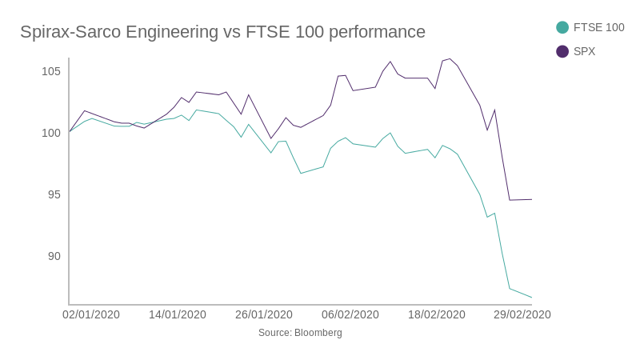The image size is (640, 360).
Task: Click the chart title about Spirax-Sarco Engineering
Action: pos(222,32)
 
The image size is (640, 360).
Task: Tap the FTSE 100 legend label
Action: pos(598,27)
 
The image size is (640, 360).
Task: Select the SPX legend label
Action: pos(584,51)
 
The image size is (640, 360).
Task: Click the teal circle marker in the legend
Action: pos(562,27)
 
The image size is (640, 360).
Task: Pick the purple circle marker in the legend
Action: pos(562,51)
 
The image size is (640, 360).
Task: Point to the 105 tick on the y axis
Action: pos(51,71)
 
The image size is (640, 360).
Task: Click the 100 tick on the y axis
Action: pos(51,133)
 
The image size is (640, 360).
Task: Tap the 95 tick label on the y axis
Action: pos(54,194)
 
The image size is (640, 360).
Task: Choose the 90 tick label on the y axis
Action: pos(54,256)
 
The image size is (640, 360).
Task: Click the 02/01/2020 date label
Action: pos(91,314)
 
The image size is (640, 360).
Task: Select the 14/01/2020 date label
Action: pos(178,314)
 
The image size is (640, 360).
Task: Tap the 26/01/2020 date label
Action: pos(264,314)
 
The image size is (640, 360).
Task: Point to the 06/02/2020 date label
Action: pos(350,314)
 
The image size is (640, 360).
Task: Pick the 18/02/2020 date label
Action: pos(437,314)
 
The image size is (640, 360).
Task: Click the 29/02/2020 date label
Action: pos(522,314)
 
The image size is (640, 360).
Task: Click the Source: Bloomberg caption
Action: pos(300,333)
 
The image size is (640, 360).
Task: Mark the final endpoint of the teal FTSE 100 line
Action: pos(532,298)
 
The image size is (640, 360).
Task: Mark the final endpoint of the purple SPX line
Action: pos(532,199)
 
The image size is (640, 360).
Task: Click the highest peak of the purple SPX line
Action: pos(450,59)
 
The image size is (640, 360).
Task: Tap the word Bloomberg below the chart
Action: pos(318,333)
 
